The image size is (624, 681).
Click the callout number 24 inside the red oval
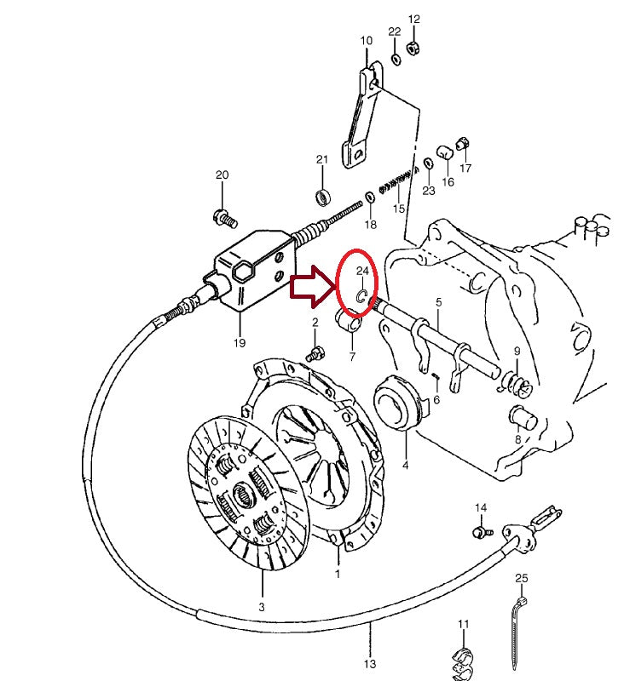[361, 271]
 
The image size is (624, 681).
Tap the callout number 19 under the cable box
[239, 342]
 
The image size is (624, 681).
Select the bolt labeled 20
[224, 217]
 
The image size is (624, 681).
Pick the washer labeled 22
[396, 59]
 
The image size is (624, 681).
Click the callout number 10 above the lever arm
[366, 40]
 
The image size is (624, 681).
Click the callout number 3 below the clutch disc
[261, 606]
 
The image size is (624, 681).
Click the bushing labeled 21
[323, 197]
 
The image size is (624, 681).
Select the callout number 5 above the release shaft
[438, 302]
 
